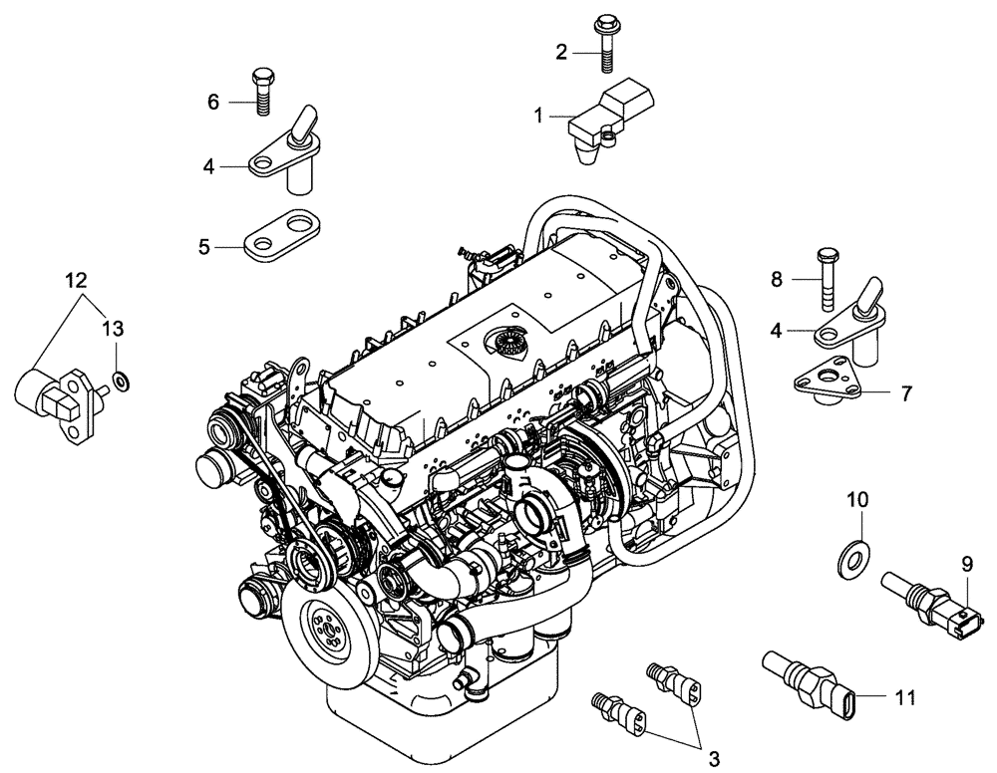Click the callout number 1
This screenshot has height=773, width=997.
point(538,117)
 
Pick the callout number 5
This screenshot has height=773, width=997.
point(204,247)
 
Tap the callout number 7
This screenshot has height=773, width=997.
point(906,393)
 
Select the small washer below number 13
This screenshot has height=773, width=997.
point(120,380)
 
